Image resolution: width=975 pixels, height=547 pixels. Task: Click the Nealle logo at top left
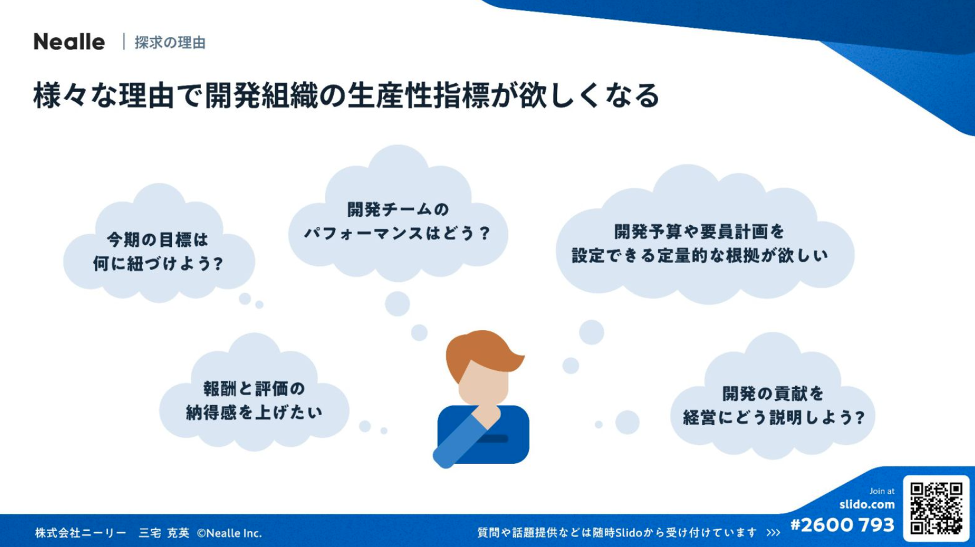point(69,42)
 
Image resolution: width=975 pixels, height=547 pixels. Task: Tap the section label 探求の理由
point(170,42)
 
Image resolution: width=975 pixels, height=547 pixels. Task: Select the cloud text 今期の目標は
point(158,240)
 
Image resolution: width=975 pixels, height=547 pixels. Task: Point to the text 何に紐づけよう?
point(158,263)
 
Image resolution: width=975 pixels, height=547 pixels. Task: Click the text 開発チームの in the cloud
point(398,210)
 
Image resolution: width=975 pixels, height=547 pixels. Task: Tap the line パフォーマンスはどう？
point(397,233)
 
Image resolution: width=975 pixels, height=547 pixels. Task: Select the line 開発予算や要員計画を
point(699,232)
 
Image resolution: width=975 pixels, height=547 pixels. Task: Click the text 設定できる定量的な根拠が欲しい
point(699,255)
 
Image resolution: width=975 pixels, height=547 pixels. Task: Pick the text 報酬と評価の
point(254,389)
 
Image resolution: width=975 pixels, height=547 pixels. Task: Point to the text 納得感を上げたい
point(254,413)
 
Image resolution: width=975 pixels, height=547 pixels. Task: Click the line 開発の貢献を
point(773,394)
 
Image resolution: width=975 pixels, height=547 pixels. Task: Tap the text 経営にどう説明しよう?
point(774,417)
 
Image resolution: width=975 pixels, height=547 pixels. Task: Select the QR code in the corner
point(936,508)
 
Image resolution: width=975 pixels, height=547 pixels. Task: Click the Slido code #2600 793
point(843,525)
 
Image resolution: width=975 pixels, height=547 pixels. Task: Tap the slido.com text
point(867,505)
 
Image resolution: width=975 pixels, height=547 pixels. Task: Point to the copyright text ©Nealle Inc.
point(230,533)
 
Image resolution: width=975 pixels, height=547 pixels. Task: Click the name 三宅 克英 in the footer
point(164,533)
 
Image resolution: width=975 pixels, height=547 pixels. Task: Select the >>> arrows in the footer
point(774,533)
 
